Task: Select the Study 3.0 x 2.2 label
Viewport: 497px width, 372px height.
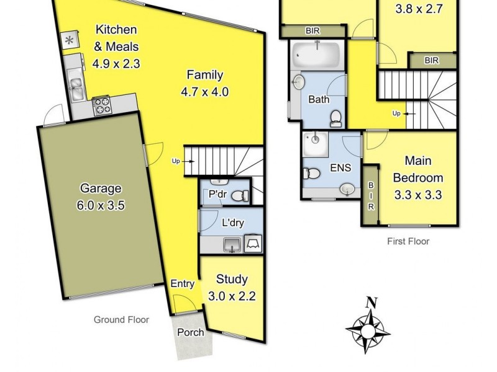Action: click(x=232, y=287)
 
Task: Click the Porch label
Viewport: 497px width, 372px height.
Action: click(x=190, y=332)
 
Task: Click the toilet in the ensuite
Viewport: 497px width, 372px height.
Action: click(x=313, y=174)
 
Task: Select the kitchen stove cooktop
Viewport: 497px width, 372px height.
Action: click(x=102, y=106)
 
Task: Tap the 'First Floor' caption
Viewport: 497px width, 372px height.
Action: click(x=409, y=241)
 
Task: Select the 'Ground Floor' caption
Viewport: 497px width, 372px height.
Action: click(x=121, y=320)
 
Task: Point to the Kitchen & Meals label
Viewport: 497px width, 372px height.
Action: click(x=116, y=46)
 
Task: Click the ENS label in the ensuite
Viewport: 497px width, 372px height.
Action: click(x=340, y=167)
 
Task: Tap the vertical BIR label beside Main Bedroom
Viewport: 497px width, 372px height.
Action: click(x=371, y=196)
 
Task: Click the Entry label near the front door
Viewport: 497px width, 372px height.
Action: click(x=183, y=284)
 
